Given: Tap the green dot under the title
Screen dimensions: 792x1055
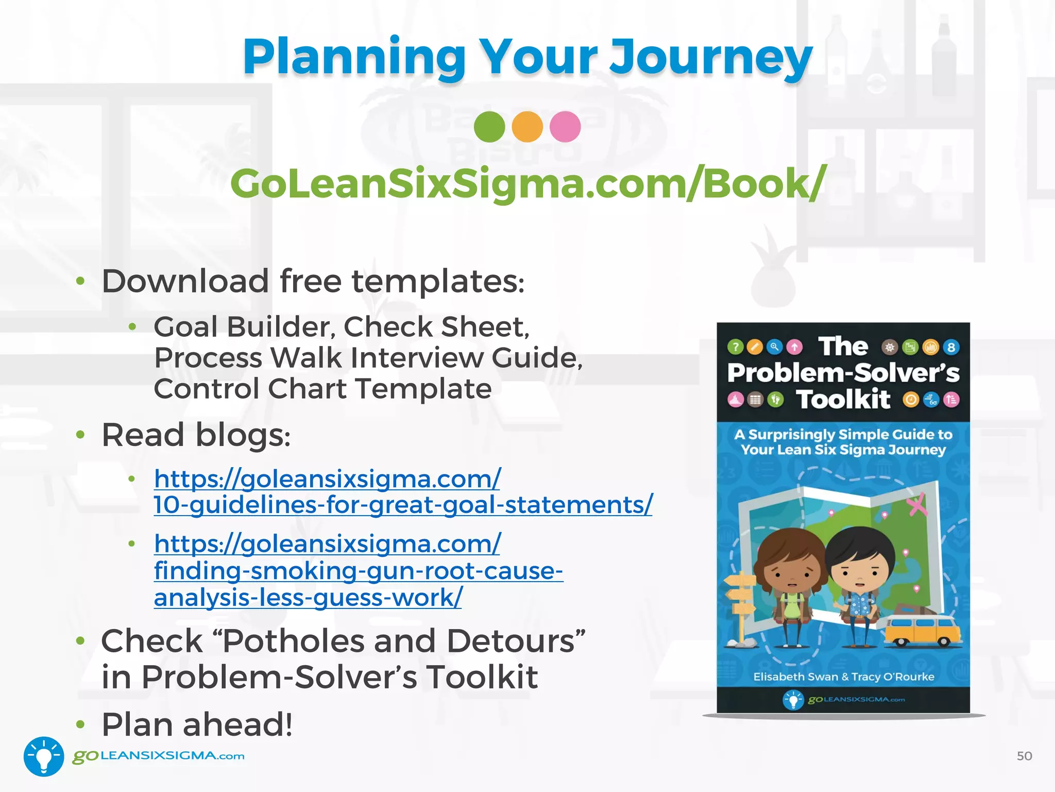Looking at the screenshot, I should (x=489, y=127).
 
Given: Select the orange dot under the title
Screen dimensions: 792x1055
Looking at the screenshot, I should (x=527, y=127).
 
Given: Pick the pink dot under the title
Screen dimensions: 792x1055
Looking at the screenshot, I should (x=565, y=127).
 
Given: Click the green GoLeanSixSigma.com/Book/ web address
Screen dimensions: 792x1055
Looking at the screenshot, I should (x=527, y=184).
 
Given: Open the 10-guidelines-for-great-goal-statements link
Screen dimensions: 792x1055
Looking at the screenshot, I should (x=403, y=504).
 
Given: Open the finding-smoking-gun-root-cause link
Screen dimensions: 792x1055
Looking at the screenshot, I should (x=358, y=571).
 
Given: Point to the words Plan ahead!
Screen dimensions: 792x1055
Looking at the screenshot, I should (x=197, y=724).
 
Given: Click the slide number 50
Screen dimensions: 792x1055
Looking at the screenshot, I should (x=1024, y=756).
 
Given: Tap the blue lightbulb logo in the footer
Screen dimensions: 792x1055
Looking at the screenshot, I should (x=44, y=756).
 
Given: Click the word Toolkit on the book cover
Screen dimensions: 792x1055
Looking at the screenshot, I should (x=843, y=400).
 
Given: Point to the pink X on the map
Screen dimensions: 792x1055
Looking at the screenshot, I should (x=917, y=504).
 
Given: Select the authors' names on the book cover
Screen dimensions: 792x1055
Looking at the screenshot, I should (x=843, y=676).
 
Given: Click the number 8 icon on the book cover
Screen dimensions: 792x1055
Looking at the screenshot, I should (x=951, y=348).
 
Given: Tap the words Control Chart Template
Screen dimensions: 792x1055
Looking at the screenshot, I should (x=322, y=389).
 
